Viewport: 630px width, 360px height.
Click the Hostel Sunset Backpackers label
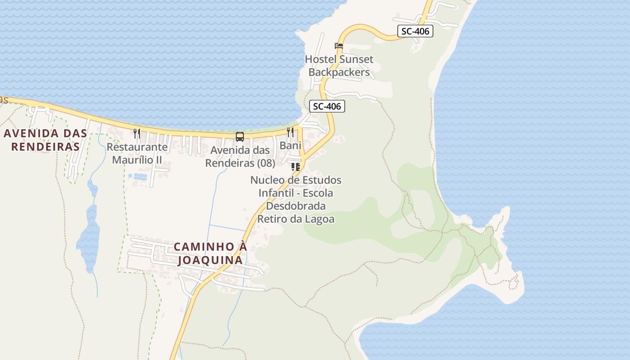(339, 66)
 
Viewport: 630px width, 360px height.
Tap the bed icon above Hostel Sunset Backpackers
(339, 46)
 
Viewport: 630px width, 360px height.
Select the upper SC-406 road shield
(415, 31)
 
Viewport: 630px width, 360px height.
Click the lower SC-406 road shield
(327, 106)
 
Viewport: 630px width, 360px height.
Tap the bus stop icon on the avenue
(240, 136)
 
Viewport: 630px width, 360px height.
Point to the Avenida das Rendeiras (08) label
(240, 157)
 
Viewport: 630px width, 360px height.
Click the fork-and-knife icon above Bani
(290, 132)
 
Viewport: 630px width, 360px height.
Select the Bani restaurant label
(290, 145)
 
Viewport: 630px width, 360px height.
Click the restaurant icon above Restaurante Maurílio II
(137, 133)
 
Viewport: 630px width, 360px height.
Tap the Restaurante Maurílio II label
(137, 153)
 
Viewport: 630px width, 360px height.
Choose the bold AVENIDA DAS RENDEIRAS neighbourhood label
(45, 140)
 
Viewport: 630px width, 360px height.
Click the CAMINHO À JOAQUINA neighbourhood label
(211, 253)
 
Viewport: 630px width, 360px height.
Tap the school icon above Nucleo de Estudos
(296, 167)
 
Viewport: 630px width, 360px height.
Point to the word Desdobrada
(296, 206)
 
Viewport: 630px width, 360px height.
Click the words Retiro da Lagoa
(296, 219)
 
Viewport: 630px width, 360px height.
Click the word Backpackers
(339, 72)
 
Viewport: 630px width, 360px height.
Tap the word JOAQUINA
(211, 260)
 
